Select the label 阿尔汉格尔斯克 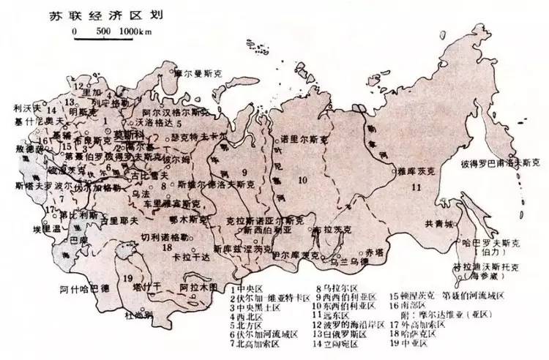tap(176, 113)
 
